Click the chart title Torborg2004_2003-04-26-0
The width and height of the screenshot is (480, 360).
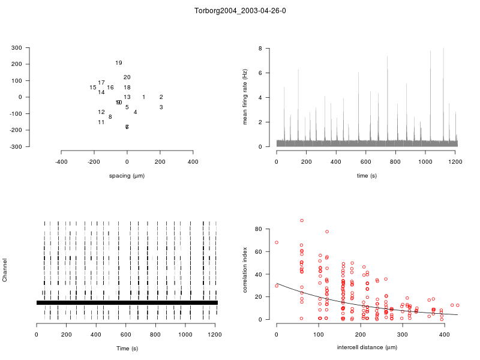click(240, 11)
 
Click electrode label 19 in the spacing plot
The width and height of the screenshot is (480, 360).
click(119, 63)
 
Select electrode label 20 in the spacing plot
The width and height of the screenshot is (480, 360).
click(127, 77)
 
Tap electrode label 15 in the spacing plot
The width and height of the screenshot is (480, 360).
click(93, 88)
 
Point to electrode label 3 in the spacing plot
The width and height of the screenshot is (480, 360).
click(161, 107)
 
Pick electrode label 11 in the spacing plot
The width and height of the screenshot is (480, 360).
click(101, 122)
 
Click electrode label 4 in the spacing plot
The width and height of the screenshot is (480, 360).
click(135, 112)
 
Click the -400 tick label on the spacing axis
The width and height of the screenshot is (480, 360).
click(61, 162)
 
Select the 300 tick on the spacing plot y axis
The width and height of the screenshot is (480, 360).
click(33, 48)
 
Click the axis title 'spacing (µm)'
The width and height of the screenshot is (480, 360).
click(127, 176)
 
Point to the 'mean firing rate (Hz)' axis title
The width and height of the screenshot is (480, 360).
click(245, 97)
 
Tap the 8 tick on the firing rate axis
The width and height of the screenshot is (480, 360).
click(260, 48)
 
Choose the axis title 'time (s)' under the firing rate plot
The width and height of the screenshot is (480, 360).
click(367, 176)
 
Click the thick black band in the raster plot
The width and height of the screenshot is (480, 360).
click(127, 303)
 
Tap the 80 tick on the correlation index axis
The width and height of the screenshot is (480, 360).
click(258, 229)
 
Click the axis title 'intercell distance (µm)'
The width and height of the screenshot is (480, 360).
click(367, 347)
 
